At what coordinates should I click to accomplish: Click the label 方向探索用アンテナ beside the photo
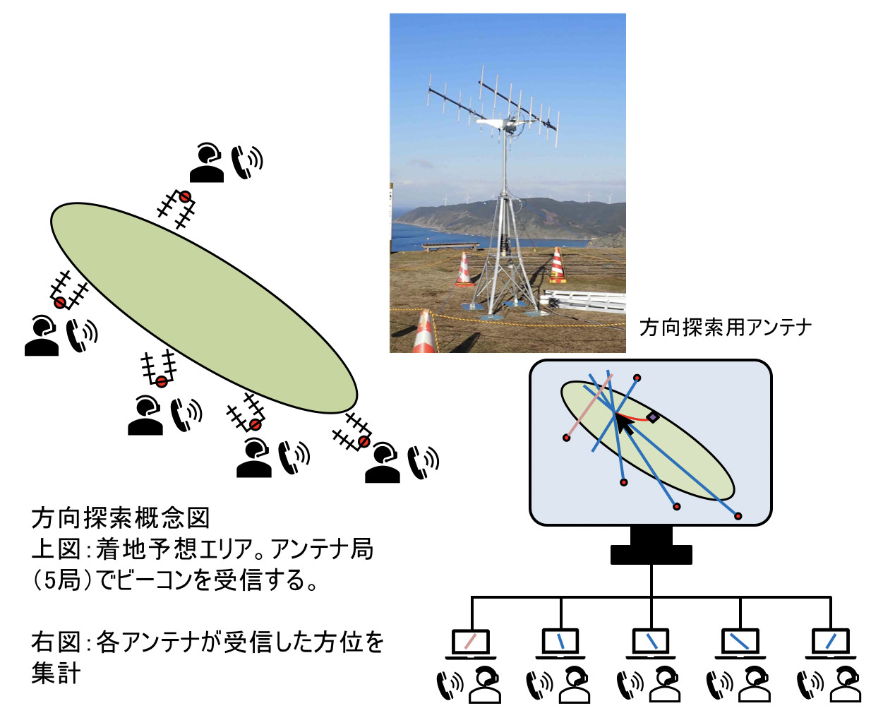pyautogui.click(x=725, y=328)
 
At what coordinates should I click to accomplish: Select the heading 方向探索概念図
pyautogui.click(x=121, y=518)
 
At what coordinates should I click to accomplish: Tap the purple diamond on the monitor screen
pyautogui.click(x=652, y=418)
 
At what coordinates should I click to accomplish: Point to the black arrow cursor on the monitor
pyautogui.click(x=624, y=425)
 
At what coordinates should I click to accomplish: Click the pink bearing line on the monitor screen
pyautogui.click(x=589, y=406)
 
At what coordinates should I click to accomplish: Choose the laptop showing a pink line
pyautogui.click(x=470, y=644)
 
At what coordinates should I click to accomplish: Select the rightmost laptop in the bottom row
pyautogui.click(x=830, y=644)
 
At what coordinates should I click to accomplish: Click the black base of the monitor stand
pyautogui.click(x=651, y=555)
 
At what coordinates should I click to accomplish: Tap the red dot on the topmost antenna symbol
pyautogui.click(x=185, y=197)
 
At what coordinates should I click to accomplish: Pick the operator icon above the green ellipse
pyautogui.click(x=207, y=163)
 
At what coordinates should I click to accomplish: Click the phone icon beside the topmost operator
pyautogui.click(x=246, y=162)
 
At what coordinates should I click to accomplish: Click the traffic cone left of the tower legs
pyautogui.click(x=464, y=270)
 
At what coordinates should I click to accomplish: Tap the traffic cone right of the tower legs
pyautogui.click(x=557, y=265)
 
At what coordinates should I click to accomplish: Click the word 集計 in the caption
pyautogui.click(x=56, y=673)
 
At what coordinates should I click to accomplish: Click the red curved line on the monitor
pyautogui.click(x=632, y=417)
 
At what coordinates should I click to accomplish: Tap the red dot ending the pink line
pyautogui.click(x=567, y=438)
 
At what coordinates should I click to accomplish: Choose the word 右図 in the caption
pyautogui.click(x=55, y=642)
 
